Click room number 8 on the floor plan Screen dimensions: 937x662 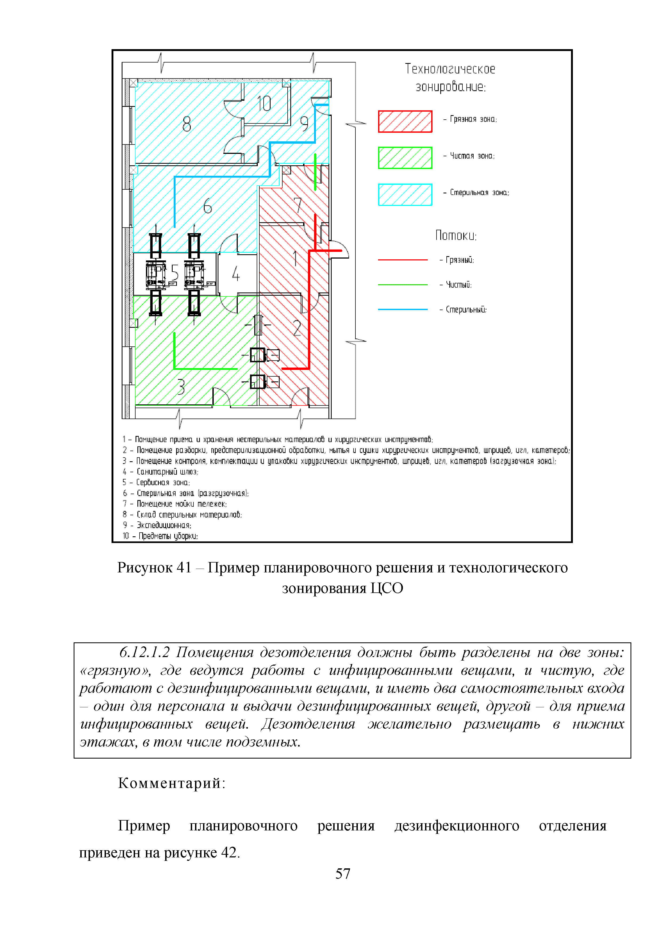pyautogui.click(x=187, y=124)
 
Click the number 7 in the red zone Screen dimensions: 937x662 pyautogui.click(x=298, y=205)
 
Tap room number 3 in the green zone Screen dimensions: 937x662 pyautogui.click(x=181, y=386)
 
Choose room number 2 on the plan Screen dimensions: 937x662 pyautogui.click(x=297, y=328)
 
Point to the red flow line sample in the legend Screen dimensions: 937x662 pyautogui.click(x=402, y=260)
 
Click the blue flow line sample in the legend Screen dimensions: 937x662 pyautogui.click(x=402, y=309)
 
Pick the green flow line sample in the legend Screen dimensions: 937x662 pyautogui.click(x=402, y=284)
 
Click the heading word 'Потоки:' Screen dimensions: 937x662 pyautogui.click(x=456, y=236)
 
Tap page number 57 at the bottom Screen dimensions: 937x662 pyautogui.click(x=342, y=873)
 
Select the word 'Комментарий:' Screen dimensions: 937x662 pyautogui.click(x=172, y=783)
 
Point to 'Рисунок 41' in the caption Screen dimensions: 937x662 pyautogui.click(x=154, y=568)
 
